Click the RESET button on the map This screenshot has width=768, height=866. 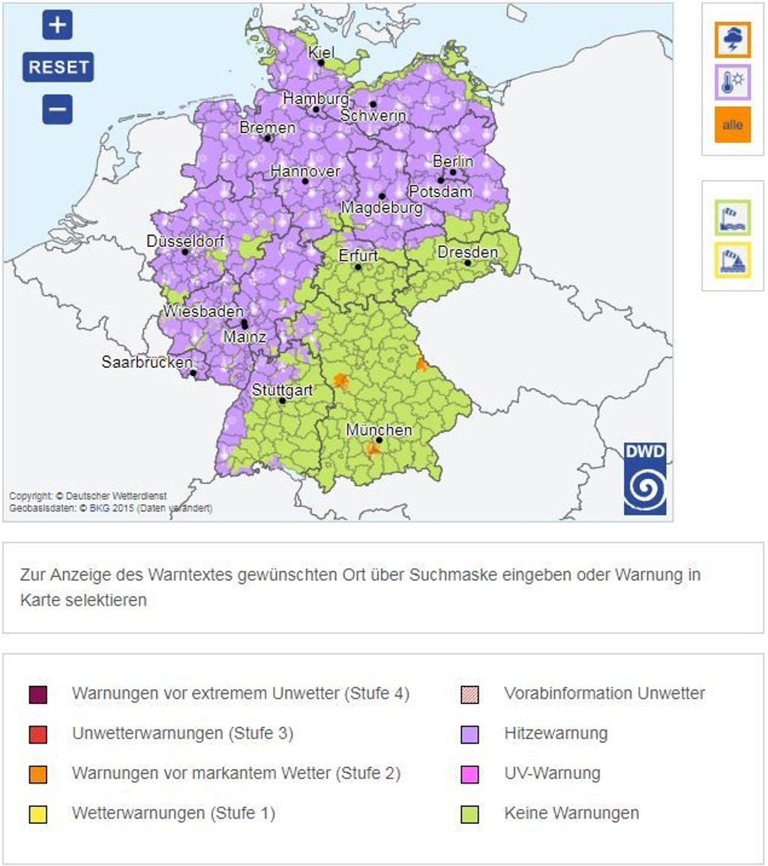[58, 67]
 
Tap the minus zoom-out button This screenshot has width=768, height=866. [58, 110]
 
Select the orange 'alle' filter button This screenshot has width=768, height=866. [732, 125]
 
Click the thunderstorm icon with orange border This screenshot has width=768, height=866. [732, 40]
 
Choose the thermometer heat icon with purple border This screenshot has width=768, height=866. [732, 82]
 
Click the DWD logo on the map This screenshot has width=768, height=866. [645, 479]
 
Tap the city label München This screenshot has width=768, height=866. [379, 430]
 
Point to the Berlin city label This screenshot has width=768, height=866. [453, 161]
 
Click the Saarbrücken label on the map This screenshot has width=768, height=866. [147, 362]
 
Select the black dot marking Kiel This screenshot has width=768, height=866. [321, 63]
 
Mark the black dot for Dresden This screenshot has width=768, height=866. [467, 263]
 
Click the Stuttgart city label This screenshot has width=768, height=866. [282, 390]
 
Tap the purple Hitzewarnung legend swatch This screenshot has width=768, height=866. [469, 734]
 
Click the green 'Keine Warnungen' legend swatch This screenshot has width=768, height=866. [469, 813]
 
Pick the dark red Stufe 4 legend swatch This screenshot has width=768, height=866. [37, 694]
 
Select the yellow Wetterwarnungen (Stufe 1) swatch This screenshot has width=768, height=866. [37, 813]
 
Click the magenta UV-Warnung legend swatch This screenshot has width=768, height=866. [469, 774]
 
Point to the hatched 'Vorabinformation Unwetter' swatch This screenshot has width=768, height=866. [469, 694]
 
